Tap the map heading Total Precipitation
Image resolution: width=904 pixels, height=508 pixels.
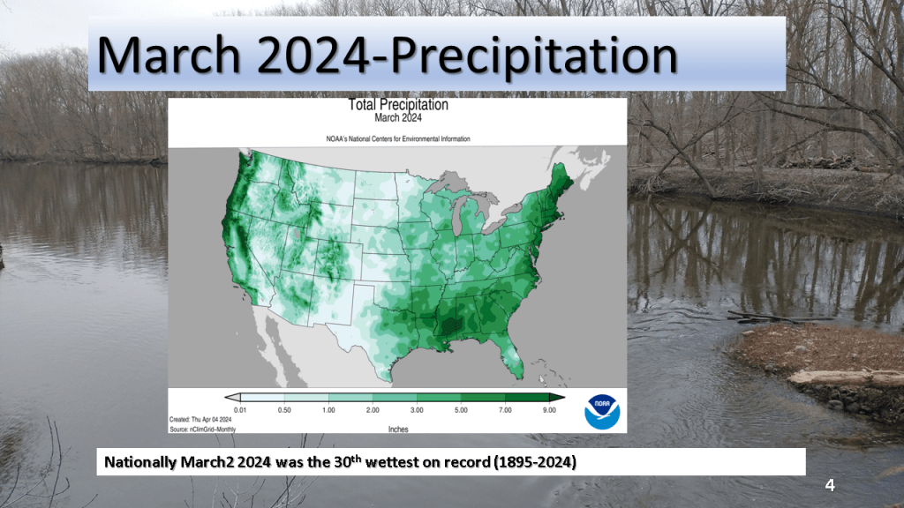(x=397, y=105)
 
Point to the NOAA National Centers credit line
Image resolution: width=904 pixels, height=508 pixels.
(x=397, y=139)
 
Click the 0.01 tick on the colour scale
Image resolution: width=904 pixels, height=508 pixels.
(x=241, y=411)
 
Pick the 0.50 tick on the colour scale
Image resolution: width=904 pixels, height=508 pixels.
(x=285, y=411)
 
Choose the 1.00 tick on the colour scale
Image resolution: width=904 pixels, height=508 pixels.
(x=329, y=411)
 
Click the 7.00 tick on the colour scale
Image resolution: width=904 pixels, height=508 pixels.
(x=506, y=411)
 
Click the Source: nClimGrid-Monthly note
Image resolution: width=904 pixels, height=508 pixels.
(x=202, y=429)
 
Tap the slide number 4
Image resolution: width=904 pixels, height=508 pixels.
(x=829, y=485)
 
